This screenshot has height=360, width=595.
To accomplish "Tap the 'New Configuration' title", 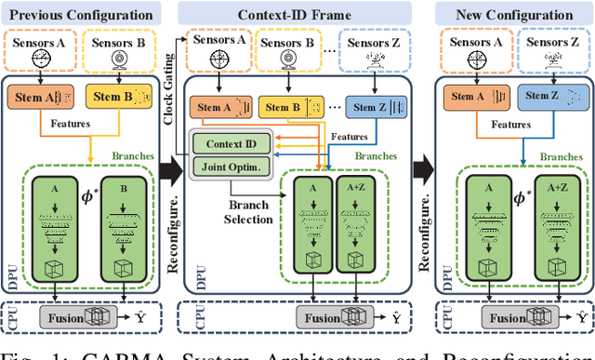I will click(x=517, y=15).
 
